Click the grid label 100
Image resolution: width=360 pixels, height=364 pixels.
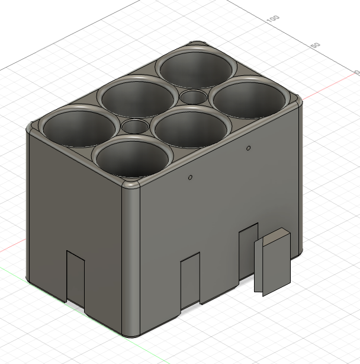[x=272, y=19]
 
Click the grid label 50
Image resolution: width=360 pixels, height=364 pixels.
[x=315, y=46]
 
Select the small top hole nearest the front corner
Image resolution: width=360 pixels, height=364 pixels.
[x=136, y=126]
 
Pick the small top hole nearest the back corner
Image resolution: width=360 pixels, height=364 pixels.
[x=193, y=96]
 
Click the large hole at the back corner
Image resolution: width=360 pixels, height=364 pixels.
[x=195, y=69]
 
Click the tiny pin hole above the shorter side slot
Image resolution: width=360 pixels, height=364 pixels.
[x=190, y=177]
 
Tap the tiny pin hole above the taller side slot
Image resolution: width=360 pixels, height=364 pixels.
[x=249, y=147]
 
